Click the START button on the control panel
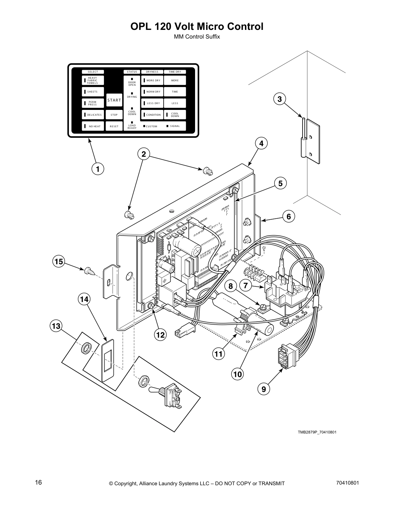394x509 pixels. (x=114, y=100)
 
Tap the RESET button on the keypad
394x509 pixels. (x=114, y=126)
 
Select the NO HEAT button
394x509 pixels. (x=93, y=126)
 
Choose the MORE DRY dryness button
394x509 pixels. (x=152, y=80)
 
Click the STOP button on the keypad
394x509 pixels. (x=114, y=115)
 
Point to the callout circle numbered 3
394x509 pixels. (x=279, y=99)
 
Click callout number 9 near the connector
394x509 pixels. (x=264, y=389)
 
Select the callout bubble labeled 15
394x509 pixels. (x=59, y=262)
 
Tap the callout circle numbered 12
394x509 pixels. (x=160, y=335)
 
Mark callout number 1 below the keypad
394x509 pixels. (x=98, y=169)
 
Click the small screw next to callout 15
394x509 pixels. (x=88, y=272)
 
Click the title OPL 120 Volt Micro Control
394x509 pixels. (x=197, y=26)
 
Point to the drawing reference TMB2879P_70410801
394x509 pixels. (x=317, y=432)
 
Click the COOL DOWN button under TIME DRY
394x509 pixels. (x=175, y=115)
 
